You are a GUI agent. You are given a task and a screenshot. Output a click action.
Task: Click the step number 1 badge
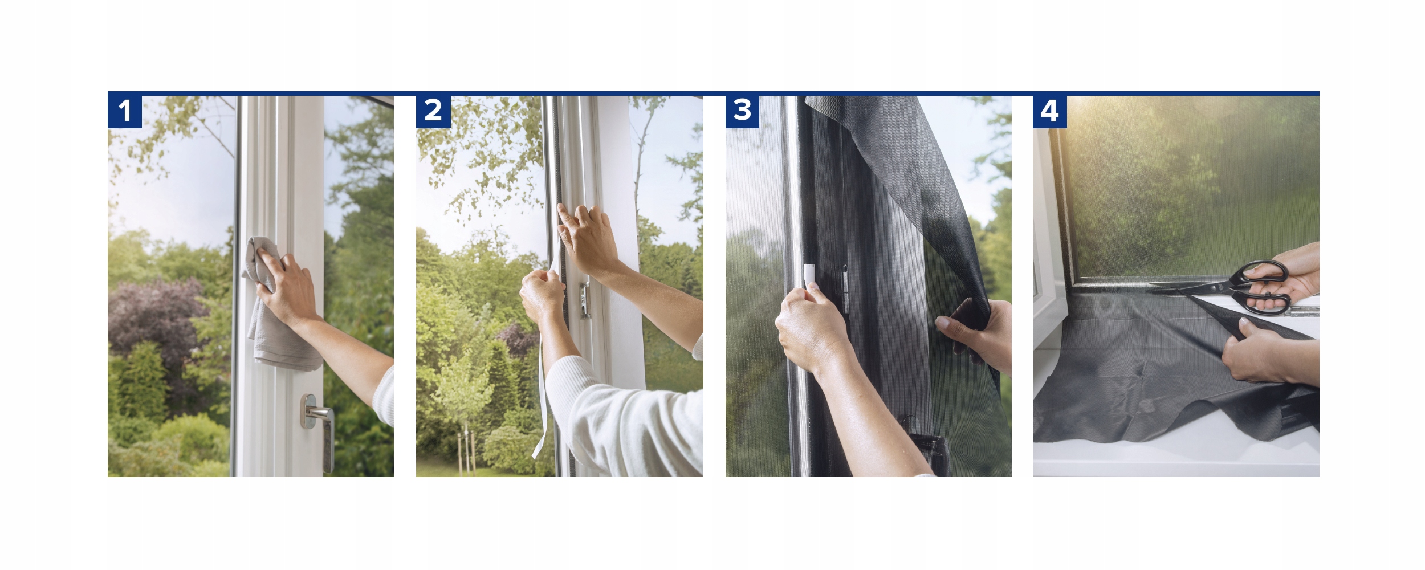pos(125,111)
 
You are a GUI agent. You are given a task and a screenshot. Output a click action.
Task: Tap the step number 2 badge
pos(433,111)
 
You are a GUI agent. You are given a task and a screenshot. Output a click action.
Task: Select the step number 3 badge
pos(742,111)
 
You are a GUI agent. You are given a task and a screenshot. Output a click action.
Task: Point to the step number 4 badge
pos(1050,111)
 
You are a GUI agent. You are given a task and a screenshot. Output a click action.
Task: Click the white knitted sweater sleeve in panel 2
pos(624,419)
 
